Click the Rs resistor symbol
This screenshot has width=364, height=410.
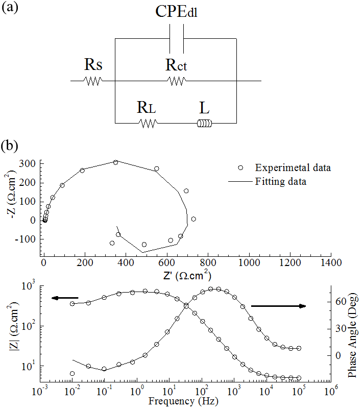pos(93,81)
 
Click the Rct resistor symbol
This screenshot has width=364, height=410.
pos(177,81)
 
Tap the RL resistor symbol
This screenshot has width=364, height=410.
pos(148,123)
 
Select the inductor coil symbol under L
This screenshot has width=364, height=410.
pos(205,123)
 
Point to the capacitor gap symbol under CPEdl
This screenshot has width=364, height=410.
pos(176,45)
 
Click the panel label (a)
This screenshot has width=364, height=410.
pos(11,9)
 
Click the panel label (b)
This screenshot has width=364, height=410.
pos(11,146)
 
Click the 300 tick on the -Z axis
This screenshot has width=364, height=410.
pos(30,163)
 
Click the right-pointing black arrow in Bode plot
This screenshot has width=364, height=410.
pos(278,306)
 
